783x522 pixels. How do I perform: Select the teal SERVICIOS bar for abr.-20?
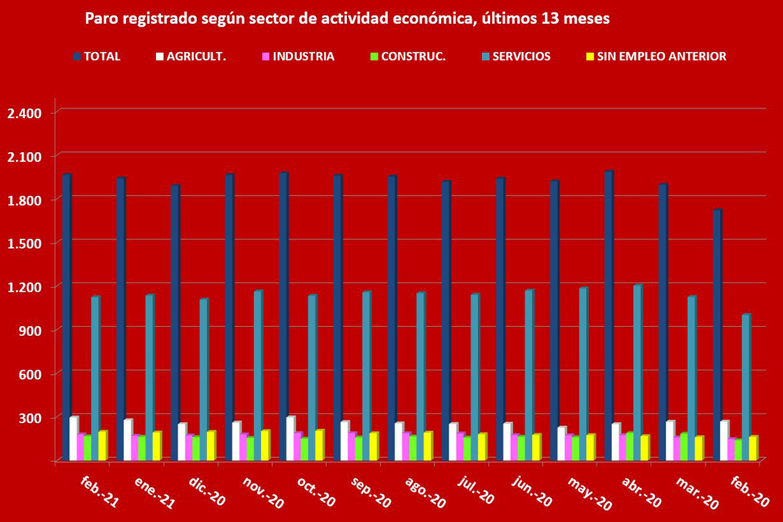coord(637,372)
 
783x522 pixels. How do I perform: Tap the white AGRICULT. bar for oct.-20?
coord(290,438)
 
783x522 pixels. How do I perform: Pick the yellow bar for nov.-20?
coord(265,445)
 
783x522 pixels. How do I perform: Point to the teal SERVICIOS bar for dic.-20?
coord(204,379)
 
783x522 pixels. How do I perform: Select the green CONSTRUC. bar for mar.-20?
coord(684,447)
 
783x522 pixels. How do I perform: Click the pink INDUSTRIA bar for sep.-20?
coord(352,446)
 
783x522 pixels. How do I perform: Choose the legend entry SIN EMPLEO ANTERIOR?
coord(654,56)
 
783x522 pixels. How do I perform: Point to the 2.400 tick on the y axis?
coord(23,113)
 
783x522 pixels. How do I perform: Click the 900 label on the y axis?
coord(30,330)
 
